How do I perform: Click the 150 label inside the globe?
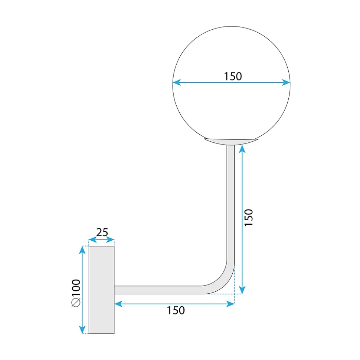[x=233, y=76]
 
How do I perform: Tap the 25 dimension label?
[x=102, y=232]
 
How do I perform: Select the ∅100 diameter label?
[x=76, y=293]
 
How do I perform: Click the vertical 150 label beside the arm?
[x=249, y=218]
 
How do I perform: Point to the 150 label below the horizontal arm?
[x=176, y=310]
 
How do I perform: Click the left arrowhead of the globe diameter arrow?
[x=177, y=82]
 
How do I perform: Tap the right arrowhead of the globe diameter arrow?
[x=286, y=82]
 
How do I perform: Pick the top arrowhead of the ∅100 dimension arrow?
[x=82, y=250]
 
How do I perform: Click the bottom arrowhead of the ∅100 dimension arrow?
[x=82, y=330]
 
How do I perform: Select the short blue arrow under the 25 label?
[x=101, y=240]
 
